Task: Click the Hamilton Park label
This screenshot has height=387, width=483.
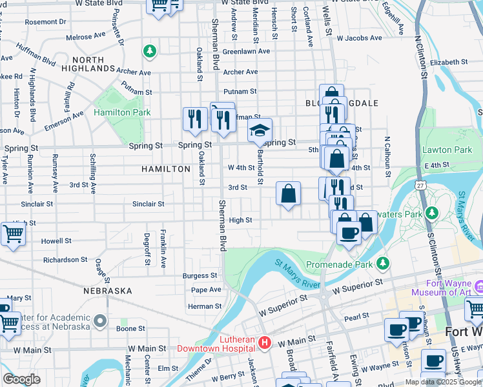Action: pos(121,112)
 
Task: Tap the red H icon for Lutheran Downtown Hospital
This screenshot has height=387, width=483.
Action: pos(263,341)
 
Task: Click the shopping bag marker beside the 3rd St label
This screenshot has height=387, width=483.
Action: pos(289,193)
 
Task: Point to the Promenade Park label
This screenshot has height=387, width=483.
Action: pos(339,264)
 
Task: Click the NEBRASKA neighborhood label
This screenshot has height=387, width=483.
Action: pos(107,291)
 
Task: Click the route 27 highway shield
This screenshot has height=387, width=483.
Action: pos(420,185)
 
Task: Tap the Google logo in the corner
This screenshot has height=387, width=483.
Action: pos(21,379)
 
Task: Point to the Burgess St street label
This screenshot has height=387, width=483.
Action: pos(201,275)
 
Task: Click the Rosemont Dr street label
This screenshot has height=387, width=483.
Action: pos(46,21)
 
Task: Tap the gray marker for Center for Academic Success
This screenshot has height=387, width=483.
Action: pos(99,321)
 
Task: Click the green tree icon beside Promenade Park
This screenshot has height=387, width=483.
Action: pos(383,263)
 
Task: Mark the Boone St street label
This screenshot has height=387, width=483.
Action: pos(131,328)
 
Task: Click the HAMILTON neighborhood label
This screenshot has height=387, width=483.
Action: pos(166,168)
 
